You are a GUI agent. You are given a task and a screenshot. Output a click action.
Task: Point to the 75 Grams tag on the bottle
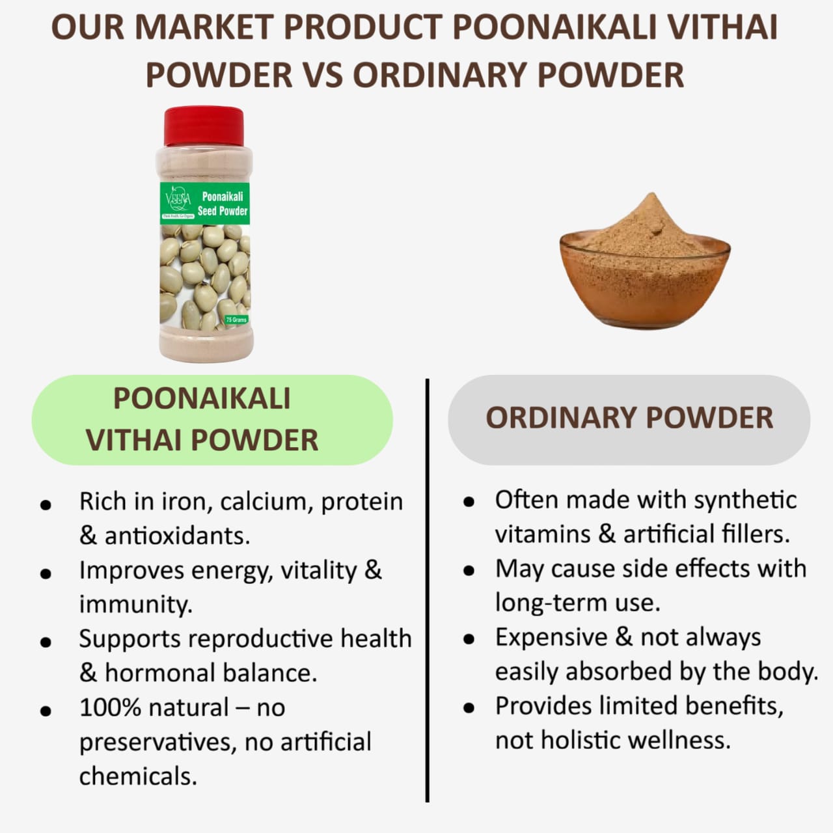pyautogui.click(x=236, y=320)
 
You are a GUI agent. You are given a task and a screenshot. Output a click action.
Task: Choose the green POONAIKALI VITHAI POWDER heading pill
pyautogui.click(x=212, y=419)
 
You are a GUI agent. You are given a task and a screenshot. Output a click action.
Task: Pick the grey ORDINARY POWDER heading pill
pyautogui.click(x=629, y=418)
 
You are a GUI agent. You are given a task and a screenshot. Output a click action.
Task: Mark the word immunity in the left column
pyautogui.click(x=135, y=605)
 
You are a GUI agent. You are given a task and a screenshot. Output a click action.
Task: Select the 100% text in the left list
pyautogui.click(x=109, y=707)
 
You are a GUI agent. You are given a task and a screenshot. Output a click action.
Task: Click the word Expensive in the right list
pyautogui.click(x=551, y=637)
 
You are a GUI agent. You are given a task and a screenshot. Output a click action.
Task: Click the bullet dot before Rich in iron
pyautogui.click(x=46, y=504)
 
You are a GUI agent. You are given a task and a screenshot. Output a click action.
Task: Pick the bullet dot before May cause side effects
pyautogui.click(x=469, y=571)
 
